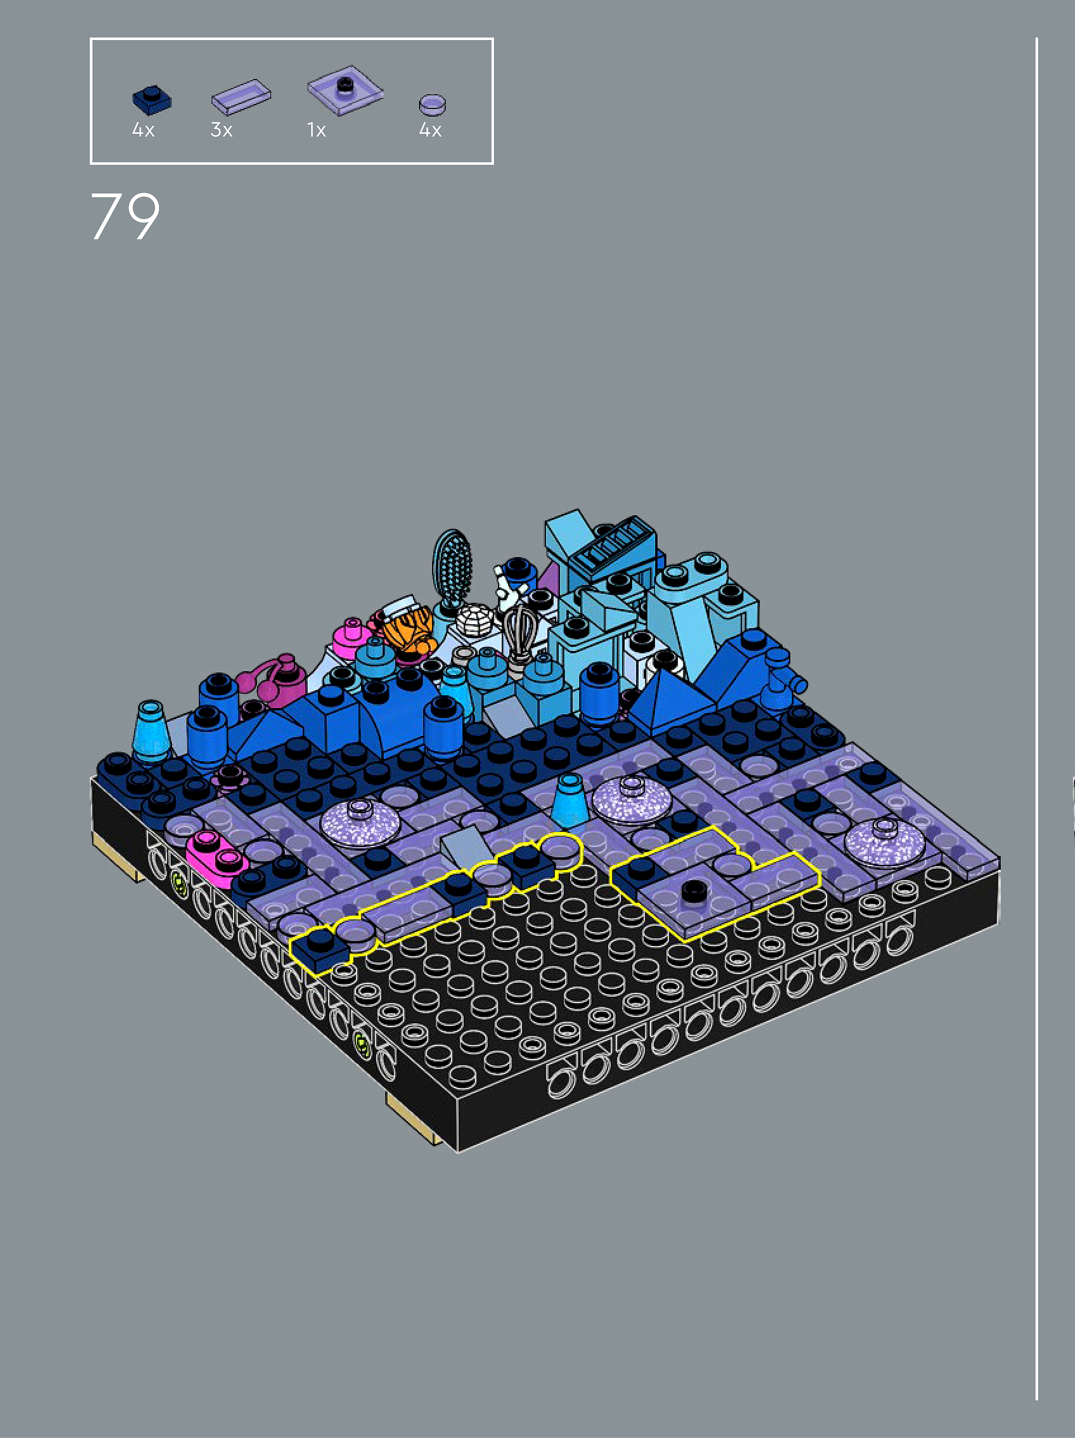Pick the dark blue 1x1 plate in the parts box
tap(151, 100)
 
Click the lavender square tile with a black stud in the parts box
tap(345, 90)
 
